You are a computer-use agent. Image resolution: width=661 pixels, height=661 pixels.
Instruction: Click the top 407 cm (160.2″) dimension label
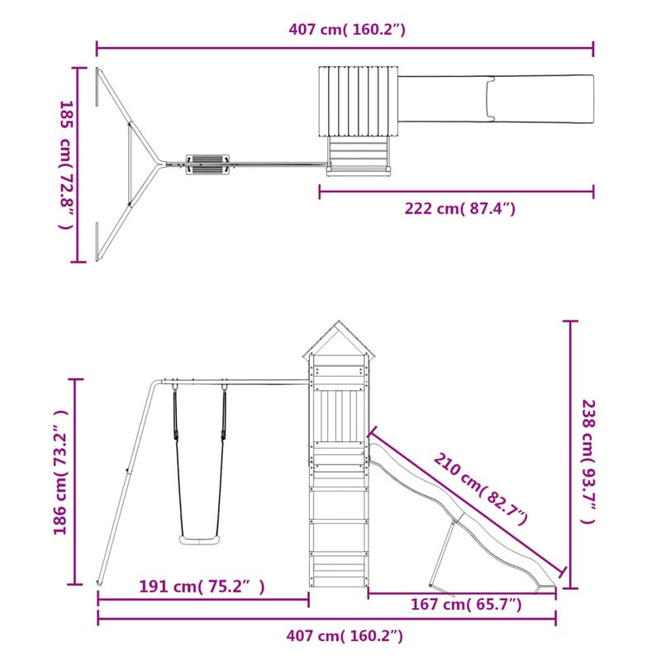pyautogui.click(x=346, y=30)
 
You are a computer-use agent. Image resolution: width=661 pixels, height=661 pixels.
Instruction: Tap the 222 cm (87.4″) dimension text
pyautogui.click(x=459, y=209)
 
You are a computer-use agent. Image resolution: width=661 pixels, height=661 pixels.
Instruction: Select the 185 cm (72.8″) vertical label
pyautogui.click(x=65, y=165)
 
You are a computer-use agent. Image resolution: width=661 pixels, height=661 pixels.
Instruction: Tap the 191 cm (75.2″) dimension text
pyautogui.click(x=202, y=587)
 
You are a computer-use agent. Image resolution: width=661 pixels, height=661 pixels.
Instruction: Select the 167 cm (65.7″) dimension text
pyautogui.click(x=466, y=605)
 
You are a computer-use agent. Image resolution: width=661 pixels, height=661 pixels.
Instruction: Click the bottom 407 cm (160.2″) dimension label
pyautogui.click(x=346, y=635)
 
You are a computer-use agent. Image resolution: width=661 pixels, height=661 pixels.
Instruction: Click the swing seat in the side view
pyautogui.click(x=198, y=540)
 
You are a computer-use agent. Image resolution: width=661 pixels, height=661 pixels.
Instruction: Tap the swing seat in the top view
pyautogui.click(x=205, y=163)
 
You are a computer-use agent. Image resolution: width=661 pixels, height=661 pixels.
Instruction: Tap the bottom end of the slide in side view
pyautogui.click(x=545, y=587)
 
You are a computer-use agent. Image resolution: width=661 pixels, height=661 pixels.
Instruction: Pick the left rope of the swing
pyautogui.click(x=176, y=463)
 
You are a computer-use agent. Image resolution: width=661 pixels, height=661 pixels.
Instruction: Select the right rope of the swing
pyautogui.click(x=223, y=463)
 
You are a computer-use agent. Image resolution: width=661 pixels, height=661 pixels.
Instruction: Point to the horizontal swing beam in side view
pyautogui.click(x=248, y=382)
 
